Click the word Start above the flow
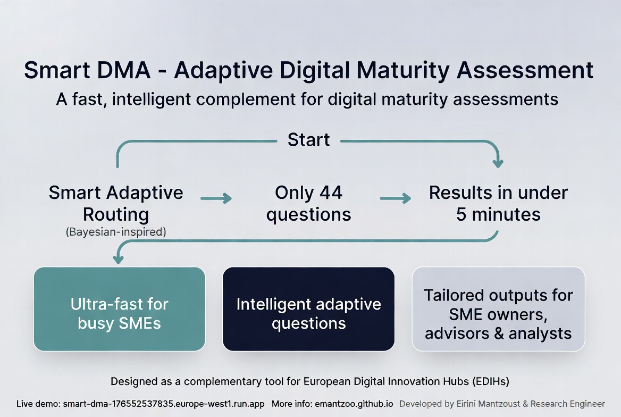pyautogui.click(x=308, y=140)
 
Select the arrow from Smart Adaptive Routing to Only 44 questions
pyautogui.click(x=216, y=198)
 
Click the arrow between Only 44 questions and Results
pyautogui.click(x=396, y=198)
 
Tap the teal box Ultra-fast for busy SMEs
pyautogui.click(x=119, y=309)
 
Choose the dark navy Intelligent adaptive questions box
pyautogui.click(x=308, y=309)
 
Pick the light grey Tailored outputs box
pyautogui.click(x=498, y=309)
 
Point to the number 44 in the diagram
pyautogui.click(x=331, y=193)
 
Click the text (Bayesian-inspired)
pyautogui.click(x=116, y=232)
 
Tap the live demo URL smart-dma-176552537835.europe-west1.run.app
pyautogui.click(x=164, y=404)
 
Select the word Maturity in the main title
pyautogui.click(x=413, y=71)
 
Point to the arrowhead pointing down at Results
pyautogui.click(x=498, y=162)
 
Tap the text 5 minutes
pyautogui.click(x=498, y=214)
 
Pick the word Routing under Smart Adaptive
pyautogui.click(x=116, y=214)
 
